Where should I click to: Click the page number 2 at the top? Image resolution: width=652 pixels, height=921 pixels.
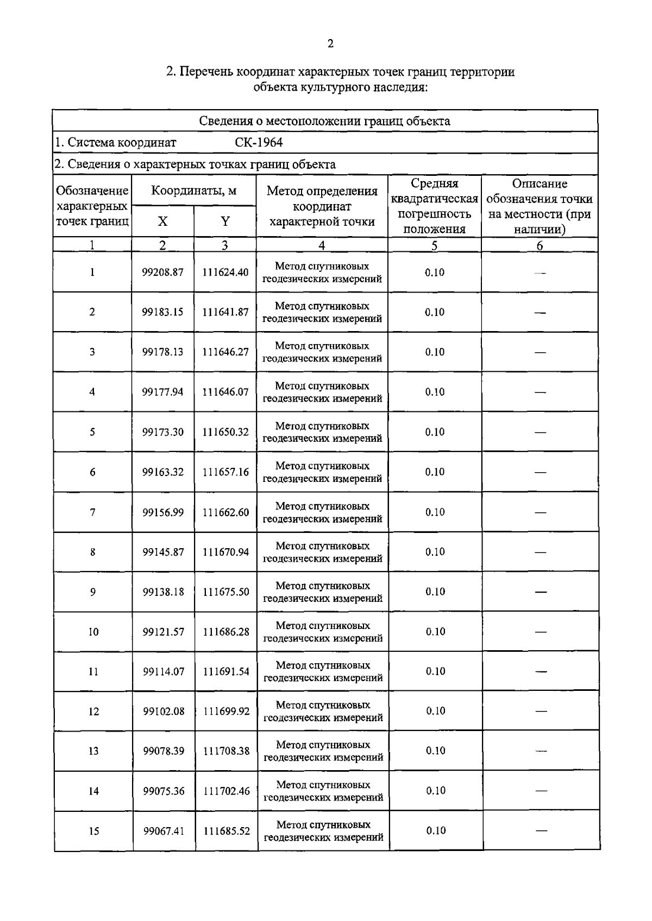tap(330, 44)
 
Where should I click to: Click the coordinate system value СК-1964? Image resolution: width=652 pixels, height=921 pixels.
tap(259, 143)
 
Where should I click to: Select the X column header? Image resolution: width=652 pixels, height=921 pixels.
tap(162, 221)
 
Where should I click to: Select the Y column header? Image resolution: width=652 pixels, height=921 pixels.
tap(225, 221)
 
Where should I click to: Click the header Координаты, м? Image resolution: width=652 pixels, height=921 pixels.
tap(193, 191)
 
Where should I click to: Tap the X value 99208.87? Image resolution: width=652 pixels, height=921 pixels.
tap(162, 272)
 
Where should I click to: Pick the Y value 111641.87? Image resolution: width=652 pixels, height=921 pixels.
tap(225, 312)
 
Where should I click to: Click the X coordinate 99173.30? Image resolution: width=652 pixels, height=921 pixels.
tap(162, 432)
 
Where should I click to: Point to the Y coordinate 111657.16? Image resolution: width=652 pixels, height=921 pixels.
tap(225, 472)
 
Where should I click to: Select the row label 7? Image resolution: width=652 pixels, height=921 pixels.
tap(92, 512)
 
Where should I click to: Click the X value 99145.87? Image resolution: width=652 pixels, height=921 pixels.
tap(163, 552)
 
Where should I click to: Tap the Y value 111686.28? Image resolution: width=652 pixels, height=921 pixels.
tap(226, 632)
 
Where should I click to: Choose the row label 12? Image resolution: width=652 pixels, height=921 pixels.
tap(93, 712)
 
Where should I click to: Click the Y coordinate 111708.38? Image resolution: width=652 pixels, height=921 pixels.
tap(227, 751)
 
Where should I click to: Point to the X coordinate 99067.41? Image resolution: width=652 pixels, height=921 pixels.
tap(164, 831)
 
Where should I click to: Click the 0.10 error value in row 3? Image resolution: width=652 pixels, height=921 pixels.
tap(435, 352)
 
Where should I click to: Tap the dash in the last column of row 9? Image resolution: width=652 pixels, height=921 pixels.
tap(541, 592)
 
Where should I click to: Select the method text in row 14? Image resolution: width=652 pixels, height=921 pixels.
tap(323, 791)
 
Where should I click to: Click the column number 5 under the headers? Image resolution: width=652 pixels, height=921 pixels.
tap(434, 245)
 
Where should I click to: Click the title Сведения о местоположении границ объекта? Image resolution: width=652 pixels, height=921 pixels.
tap(324, 121)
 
